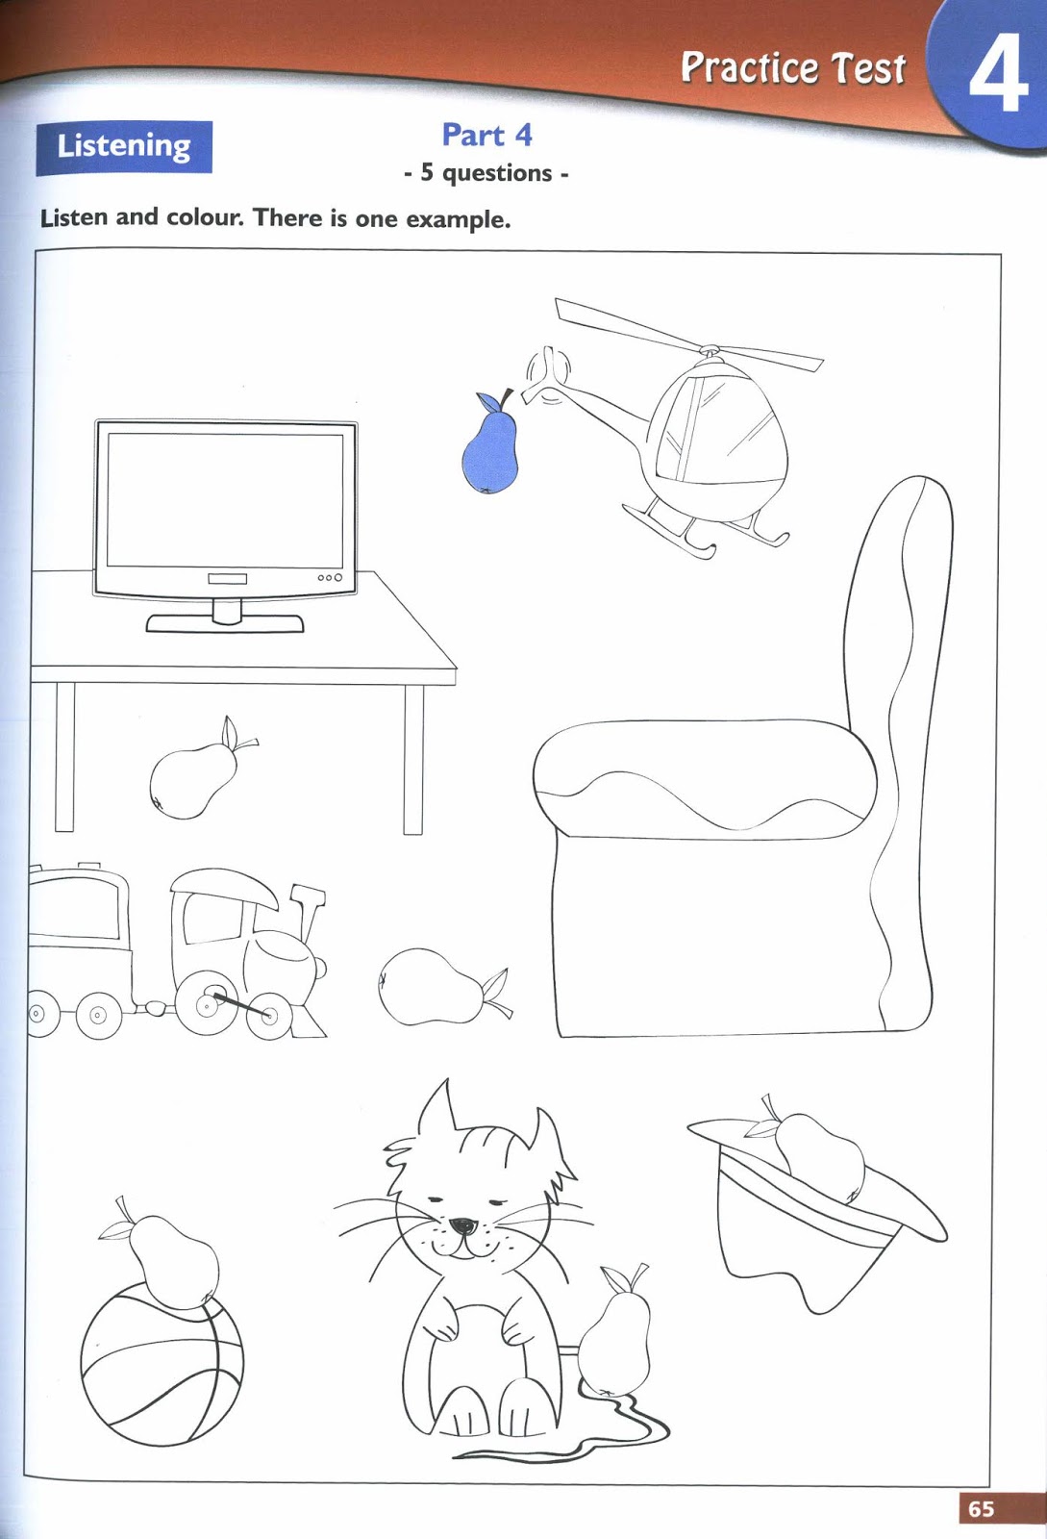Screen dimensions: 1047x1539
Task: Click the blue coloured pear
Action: (x=490, y=446)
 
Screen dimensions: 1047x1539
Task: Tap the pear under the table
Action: (x=196, y=775)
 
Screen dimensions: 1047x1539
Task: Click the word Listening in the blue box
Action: (x=124, y=146)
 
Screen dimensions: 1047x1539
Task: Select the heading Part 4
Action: (x=486, y=135)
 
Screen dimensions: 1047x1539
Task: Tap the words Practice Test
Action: (x=793, y=68)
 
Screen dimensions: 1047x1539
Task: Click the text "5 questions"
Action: (x=486, y=172)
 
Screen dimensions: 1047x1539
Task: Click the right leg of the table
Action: (x=413, y=759)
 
